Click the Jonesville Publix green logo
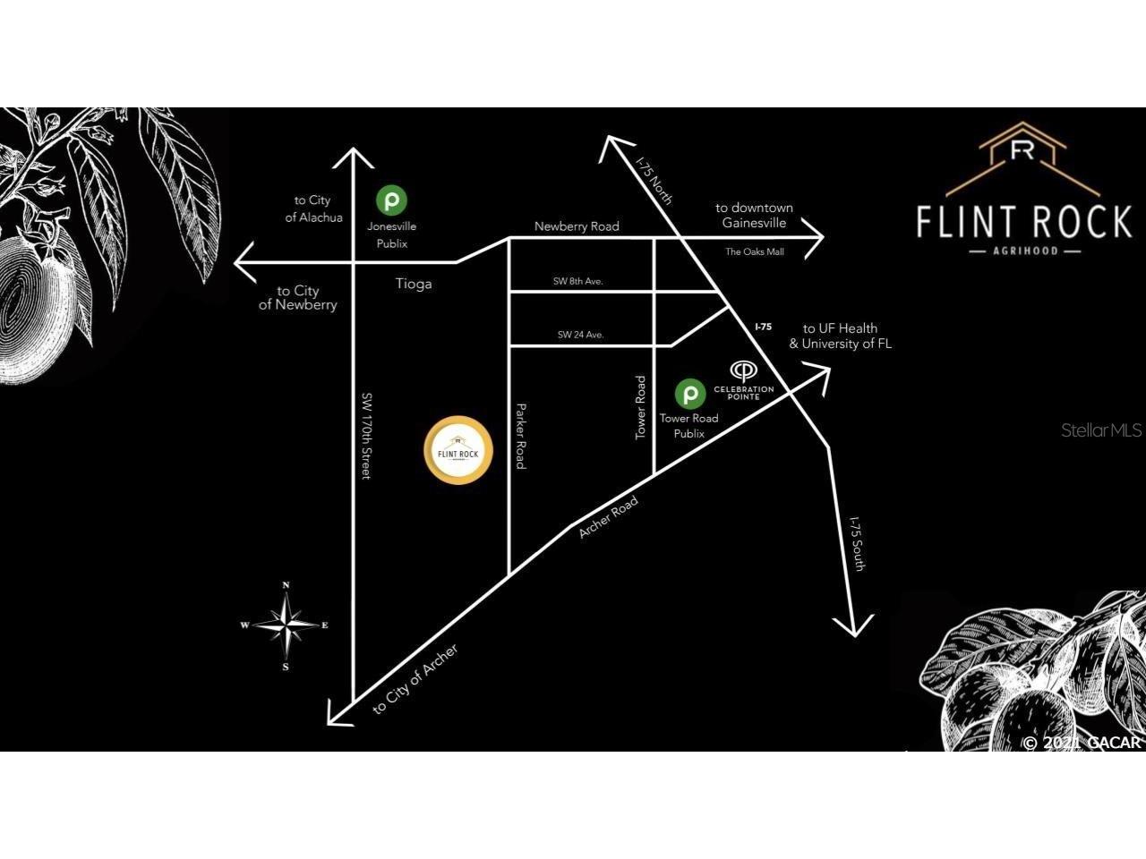click(390, 200)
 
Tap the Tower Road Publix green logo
click(688, 393)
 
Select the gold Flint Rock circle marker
click(458, 450)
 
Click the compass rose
click(286, 625)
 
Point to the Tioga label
click(414, 284)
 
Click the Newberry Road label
click(577, 226)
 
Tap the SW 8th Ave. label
click(577, 281)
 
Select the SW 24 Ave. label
click(580, 335)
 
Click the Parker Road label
click(520, 436)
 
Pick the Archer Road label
click(608, 517)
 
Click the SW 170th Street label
click(366, 435)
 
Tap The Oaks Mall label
click(754, 252)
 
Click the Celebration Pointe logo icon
click(743, 370)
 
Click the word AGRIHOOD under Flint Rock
click(1024, 251)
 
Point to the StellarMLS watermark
click(1100, 430)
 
